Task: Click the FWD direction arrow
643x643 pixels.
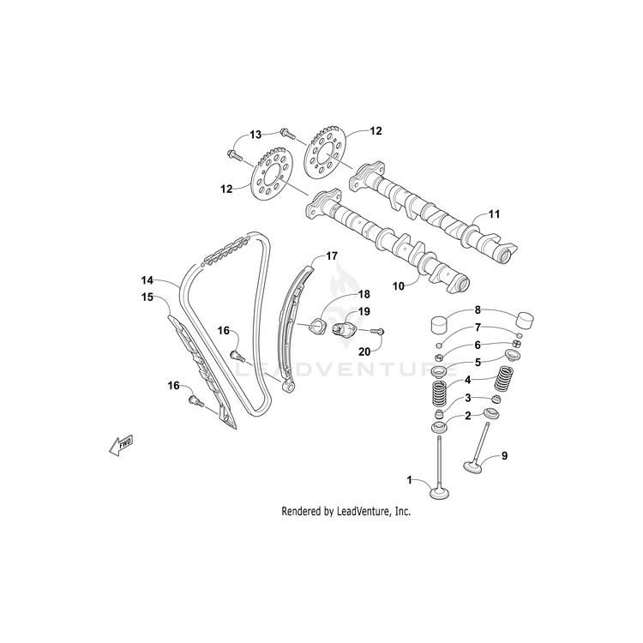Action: pos(122,443)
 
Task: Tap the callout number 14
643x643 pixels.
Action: pos(147,280)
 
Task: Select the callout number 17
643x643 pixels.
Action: pos(331,255)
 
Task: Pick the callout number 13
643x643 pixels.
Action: pos(255,135)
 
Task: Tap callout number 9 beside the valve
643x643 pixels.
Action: pos(504,455)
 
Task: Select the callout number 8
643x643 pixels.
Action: pos(478,310)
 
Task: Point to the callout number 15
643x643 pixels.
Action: pos(147,297)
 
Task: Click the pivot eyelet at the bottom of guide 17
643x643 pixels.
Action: pos(288,388)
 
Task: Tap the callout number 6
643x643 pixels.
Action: pos(478,345)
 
